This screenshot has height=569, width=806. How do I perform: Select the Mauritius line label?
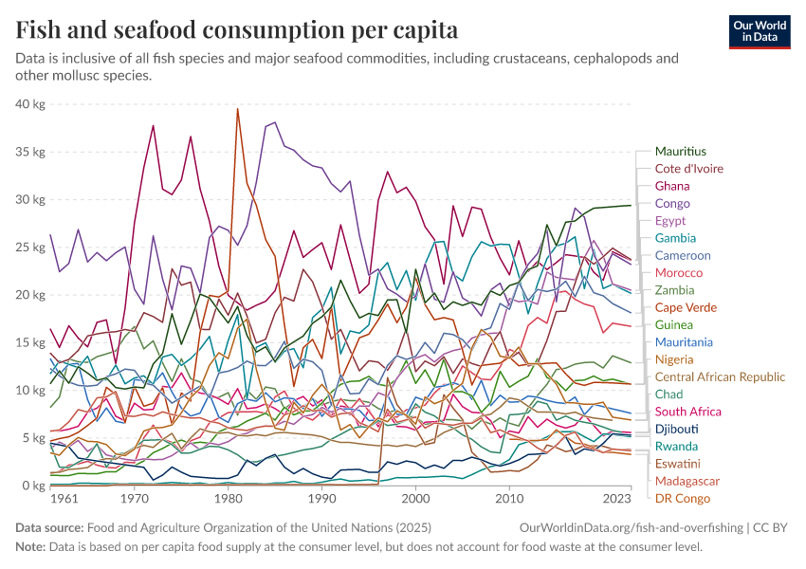point(681,152)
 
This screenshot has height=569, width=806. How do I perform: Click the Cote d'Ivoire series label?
point(689,169)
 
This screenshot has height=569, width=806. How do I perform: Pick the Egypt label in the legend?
point(671,221)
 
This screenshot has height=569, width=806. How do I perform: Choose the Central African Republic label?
point(720,376)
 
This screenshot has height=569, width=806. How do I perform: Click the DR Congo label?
point(683,498)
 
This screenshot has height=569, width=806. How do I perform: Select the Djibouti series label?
point(677,429)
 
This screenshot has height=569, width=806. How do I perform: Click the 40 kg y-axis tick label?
point(30,103)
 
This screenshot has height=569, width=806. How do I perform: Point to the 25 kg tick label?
point(30,248)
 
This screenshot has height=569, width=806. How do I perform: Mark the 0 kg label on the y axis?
point(33,486)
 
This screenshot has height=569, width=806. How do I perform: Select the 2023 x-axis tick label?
point(616,499)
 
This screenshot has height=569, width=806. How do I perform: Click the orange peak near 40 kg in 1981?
point(237,110)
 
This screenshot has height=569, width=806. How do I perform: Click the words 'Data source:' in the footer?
point(49,527)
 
